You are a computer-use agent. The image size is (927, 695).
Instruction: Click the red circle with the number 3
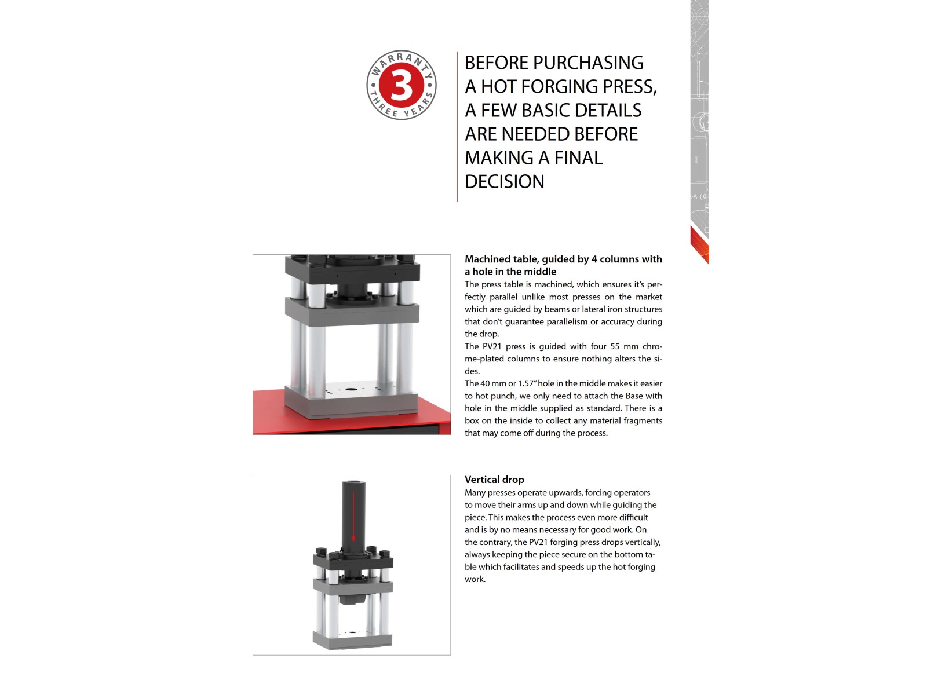click(401, 85)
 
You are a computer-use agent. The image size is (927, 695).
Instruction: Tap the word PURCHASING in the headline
click(588, 63)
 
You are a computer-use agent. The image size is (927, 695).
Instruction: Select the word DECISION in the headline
click(504, 182)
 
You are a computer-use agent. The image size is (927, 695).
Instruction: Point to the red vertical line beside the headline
click(457, 127)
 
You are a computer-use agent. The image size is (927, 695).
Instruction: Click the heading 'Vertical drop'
click(494, 480)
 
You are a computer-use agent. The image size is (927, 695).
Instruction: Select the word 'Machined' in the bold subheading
click(484, 259)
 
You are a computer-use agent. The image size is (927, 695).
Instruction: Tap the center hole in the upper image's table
click(350, 389)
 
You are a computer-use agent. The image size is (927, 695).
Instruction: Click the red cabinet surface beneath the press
click(268, 411)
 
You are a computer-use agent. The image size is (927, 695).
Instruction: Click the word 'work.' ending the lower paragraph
click(475, 579)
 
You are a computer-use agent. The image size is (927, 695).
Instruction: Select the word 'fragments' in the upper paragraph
click(643, 420)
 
